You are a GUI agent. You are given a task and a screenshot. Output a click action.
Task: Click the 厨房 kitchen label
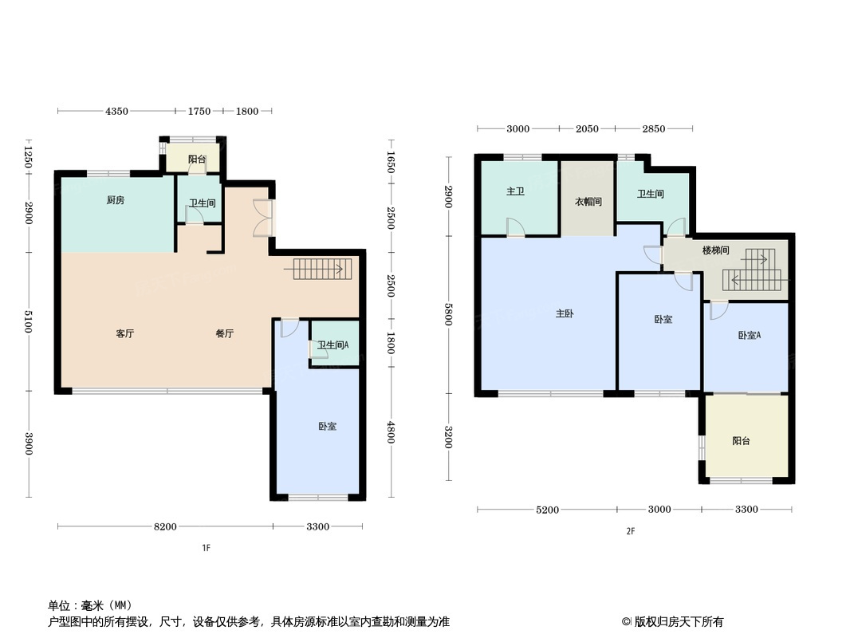coord(116,200)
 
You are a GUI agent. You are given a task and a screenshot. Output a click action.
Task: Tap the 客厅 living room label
coord(124,334)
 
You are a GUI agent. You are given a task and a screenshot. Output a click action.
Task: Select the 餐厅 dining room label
coord(224,334)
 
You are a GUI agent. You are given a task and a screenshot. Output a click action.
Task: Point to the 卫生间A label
coord(333,345)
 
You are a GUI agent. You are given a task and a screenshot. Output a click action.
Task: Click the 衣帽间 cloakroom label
coord(588,202)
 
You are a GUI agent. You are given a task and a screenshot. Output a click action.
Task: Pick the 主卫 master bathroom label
coord(515,193)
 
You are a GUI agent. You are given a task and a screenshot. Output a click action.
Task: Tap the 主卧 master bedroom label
coord(565,314)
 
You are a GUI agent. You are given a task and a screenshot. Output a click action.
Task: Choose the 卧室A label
coord(749,336)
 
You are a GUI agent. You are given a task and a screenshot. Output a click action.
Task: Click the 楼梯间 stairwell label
coord(715,250)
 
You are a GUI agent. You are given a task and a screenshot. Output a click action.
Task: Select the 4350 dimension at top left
coord(116,112)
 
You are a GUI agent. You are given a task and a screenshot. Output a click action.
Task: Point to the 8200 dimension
coord(165,527)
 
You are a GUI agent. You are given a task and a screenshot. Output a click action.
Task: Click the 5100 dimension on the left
coord(29,323)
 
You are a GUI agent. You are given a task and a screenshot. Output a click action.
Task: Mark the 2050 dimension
coord(587,129)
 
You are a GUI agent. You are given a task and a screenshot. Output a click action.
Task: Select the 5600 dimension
coord(449,315)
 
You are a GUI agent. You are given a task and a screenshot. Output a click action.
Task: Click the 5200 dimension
coord(548,510)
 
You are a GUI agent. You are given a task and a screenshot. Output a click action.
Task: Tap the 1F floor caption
coord(206,548)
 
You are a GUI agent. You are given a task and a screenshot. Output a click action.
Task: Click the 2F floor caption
coord(630,532)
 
